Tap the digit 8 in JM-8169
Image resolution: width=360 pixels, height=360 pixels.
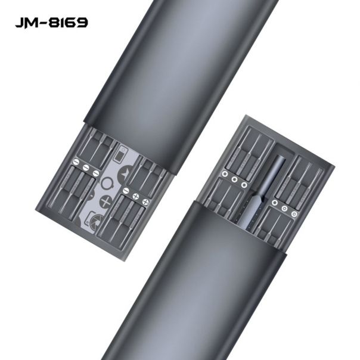(x=55, y=23)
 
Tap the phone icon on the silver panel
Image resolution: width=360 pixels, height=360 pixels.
(x=124, y=153)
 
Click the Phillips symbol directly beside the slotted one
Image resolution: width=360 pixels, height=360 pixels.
(x=136, y=195)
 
